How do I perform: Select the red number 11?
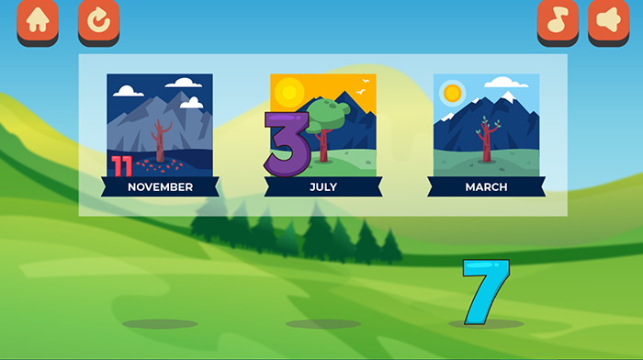[x=122, y=166]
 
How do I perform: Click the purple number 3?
[x=288, y=144]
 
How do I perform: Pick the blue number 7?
[x=486, y=291]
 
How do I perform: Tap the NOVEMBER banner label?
[x=160, y=187]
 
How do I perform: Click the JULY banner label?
[x=323, y=187]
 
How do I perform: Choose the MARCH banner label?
[x=486, y=187]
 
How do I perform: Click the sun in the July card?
[x=289, y=92]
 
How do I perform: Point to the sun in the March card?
[x=452, y=93]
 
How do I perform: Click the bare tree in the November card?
[x=161, y=141]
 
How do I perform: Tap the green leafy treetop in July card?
[x=328, y=115]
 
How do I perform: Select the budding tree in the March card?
[x=487, y=140]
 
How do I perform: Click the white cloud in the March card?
[x=506, y=83]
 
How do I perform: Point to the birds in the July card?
[x=363, y=87]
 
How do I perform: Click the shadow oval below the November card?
[x=160, y=324]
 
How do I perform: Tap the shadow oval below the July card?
[x=323, y=324]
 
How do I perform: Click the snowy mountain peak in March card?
[x=508, y=96]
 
